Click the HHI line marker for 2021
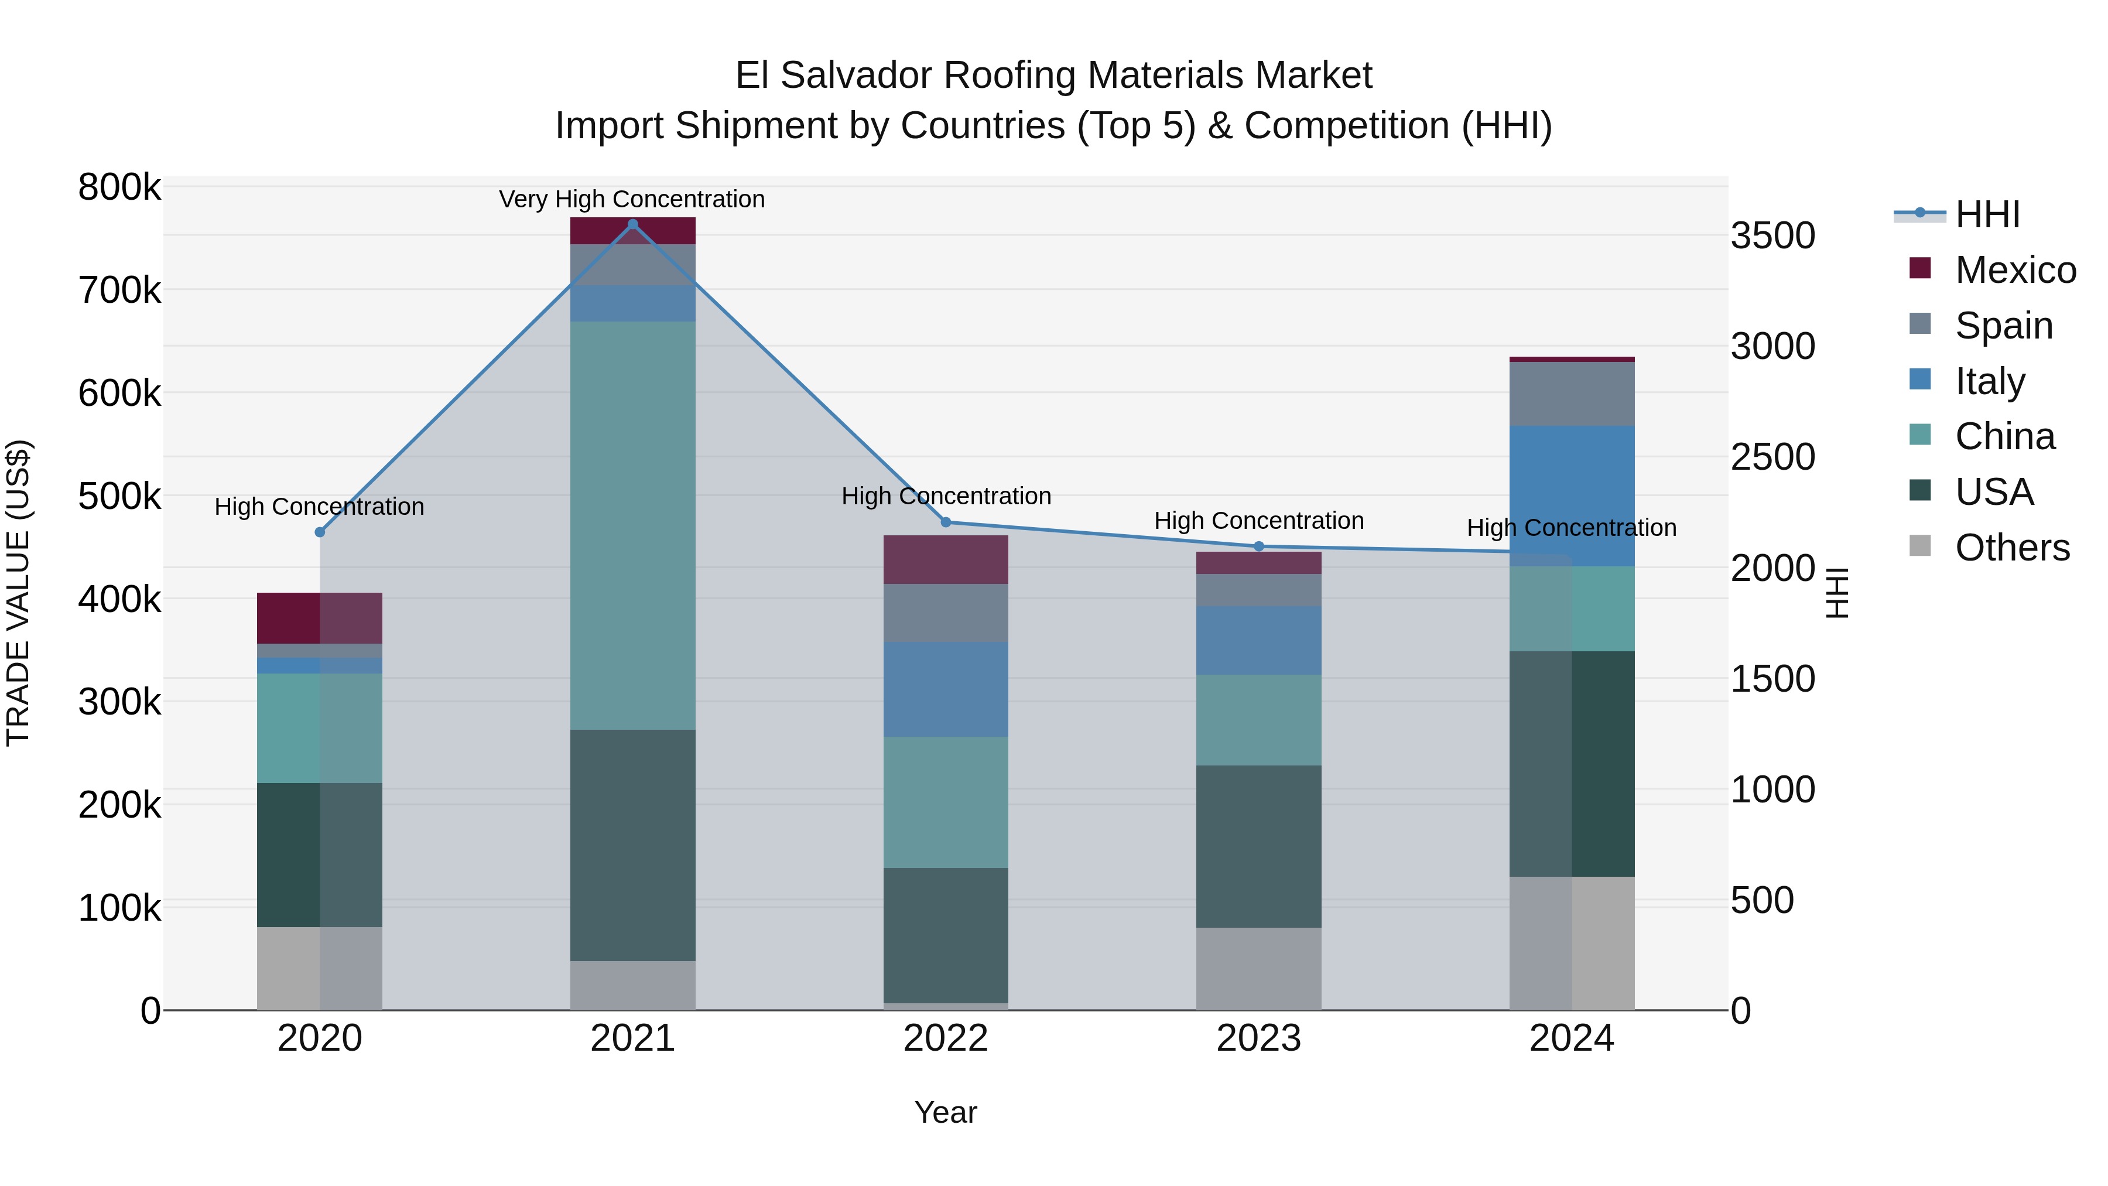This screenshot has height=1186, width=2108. [x=632, y=224]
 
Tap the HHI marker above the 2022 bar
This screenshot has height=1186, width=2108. [x=946, y=522]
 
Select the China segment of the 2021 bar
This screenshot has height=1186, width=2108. [x=632, y=524]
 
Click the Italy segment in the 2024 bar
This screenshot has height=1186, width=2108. [x=1572, y=495]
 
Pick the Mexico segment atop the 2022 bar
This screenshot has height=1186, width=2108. [x=946, y=559]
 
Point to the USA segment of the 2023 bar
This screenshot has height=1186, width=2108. [x=1258, y=846]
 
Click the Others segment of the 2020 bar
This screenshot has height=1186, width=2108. [x=319, y=968]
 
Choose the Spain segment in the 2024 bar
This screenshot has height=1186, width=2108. [x=1572, y=394]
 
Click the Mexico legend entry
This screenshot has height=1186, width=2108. [x=2015, y=270]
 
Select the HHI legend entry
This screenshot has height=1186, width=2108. [x=1987, y=214]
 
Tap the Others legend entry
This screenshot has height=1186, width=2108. [x=2011, y=548]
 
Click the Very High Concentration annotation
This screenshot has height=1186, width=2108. [x=632, y=199]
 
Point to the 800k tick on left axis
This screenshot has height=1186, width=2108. [x=119, y=187]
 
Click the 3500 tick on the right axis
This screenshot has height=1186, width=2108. [x=1772, y=235]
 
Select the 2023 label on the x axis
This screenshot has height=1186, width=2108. [x=1258, y=1038]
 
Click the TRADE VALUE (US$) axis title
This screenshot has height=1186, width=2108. [x=18, y=593]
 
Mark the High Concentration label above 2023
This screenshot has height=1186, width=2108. [x=1258, y=521]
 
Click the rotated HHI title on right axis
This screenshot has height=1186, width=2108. [x=1837, y=593]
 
